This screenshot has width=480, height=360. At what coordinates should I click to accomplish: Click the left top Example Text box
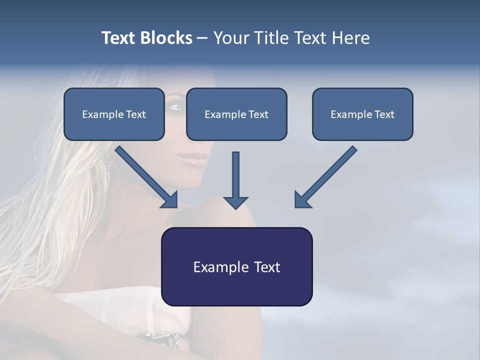114,114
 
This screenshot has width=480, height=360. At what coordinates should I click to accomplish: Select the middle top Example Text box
236,114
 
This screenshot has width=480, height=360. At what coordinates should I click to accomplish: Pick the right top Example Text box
362,114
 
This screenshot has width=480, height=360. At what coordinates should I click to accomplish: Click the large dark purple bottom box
236,266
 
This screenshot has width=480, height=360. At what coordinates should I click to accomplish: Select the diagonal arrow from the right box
325,177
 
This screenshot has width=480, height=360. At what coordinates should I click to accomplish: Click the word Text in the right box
384,114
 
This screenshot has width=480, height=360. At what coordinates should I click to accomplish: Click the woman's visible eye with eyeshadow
175,106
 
